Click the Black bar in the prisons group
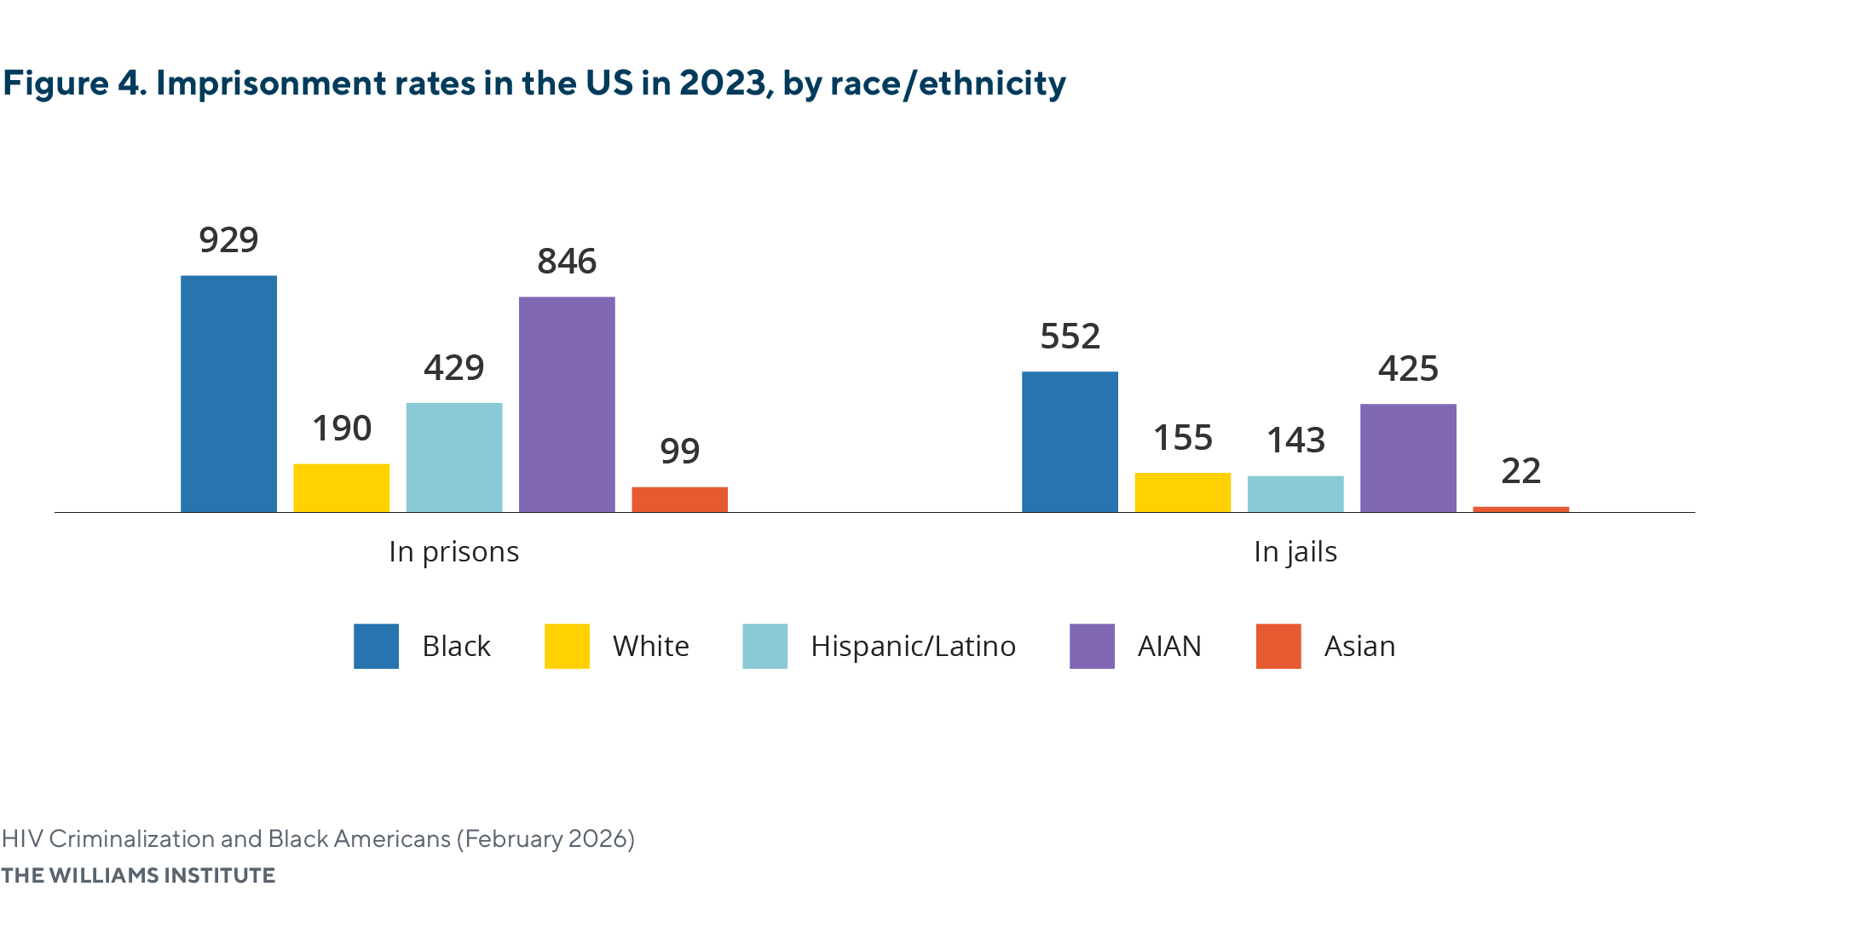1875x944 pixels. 228,394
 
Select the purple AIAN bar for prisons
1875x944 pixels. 567,405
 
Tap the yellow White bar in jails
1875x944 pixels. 1182,492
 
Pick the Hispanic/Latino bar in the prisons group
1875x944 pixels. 454,458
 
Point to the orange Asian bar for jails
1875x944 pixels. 1520,509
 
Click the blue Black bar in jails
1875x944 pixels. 1070,441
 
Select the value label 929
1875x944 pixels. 228,240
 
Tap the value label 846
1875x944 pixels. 567,262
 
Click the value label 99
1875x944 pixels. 679,452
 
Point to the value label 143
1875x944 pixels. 1295,440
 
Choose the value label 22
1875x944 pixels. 1520,471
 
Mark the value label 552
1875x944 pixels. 1070,337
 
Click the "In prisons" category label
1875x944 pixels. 453,552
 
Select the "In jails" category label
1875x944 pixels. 1295,552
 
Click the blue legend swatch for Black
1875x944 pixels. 376,646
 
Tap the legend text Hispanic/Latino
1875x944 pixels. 913,646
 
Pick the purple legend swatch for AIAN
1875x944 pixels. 1092,646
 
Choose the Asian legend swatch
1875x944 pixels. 1278,646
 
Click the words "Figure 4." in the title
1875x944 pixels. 75,83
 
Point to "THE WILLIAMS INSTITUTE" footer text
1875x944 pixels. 138,875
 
